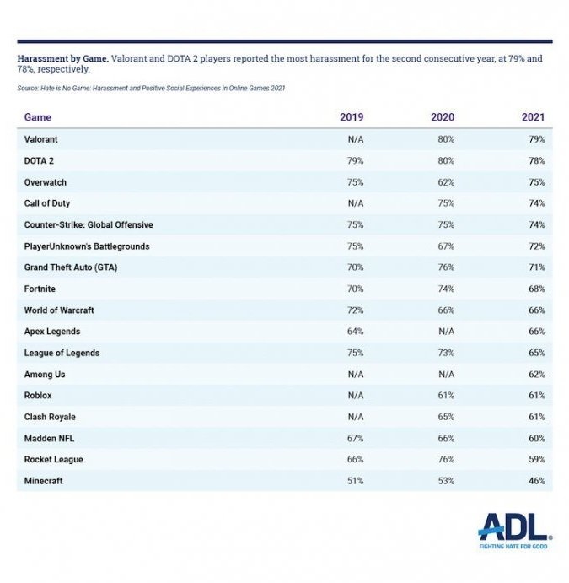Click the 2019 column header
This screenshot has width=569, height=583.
click(x=352, y=117)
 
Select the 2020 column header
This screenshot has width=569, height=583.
click(x=443, y=117)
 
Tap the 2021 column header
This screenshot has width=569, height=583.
click(x=533, y=117)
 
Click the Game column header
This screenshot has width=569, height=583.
click(x=37, y=117)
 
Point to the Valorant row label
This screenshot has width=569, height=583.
click(x=41, y=139)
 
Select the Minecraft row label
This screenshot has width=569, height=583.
click(x=44, y=481)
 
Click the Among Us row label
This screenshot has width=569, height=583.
click(x=45, y=374)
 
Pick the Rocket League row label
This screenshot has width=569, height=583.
click(x=54, y=460)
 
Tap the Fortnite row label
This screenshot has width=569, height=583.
click(x=41, y=289)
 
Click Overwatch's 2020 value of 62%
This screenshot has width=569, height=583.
click(x=445, y=182)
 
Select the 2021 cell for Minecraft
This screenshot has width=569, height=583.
click(x=536, y=481)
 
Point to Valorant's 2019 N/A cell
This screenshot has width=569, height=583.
click(x=354, y=139)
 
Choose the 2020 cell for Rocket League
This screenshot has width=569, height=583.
click(x=445, y=460)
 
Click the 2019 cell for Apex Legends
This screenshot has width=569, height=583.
click(x=354, y=332)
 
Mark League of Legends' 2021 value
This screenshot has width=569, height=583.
click(x=536, y=353)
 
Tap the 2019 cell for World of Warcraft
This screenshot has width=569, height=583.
click(x=354, y=310)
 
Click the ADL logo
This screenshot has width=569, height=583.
click(x=514, y=526)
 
